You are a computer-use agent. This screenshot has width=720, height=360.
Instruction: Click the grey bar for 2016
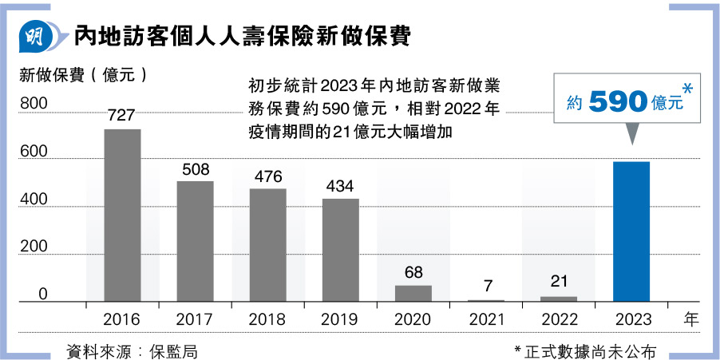coord(122,216)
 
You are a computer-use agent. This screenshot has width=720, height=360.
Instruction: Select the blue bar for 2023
coord(631,231)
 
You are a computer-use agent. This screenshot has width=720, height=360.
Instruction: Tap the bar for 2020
coord(413,293)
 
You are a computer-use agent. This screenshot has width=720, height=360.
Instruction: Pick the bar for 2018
coord(267,245)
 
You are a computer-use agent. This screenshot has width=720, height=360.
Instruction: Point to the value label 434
coord(340,186)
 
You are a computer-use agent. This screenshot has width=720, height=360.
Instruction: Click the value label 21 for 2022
coord(558,282)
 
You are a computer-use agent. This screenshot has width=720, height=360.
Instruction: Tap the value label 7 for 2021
coord(485,286)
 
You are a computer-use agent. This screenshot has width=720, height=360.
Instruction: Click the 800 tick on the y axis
coord(34,104)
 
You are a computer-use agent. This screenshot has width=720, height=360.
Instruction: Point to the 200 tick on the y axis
coord(34,247)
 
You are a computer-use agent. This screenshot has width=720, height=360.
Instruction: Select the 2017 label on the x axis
coord(194,319)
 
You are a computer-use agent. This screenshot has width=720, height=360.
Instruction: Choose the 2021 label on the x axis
coord(485,319)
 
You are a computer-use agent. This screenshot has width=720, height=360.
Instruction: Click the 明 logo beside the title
coord(36,36)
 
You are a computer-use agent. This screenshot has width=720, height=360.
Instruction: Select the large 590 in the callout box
coord(617,101)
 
